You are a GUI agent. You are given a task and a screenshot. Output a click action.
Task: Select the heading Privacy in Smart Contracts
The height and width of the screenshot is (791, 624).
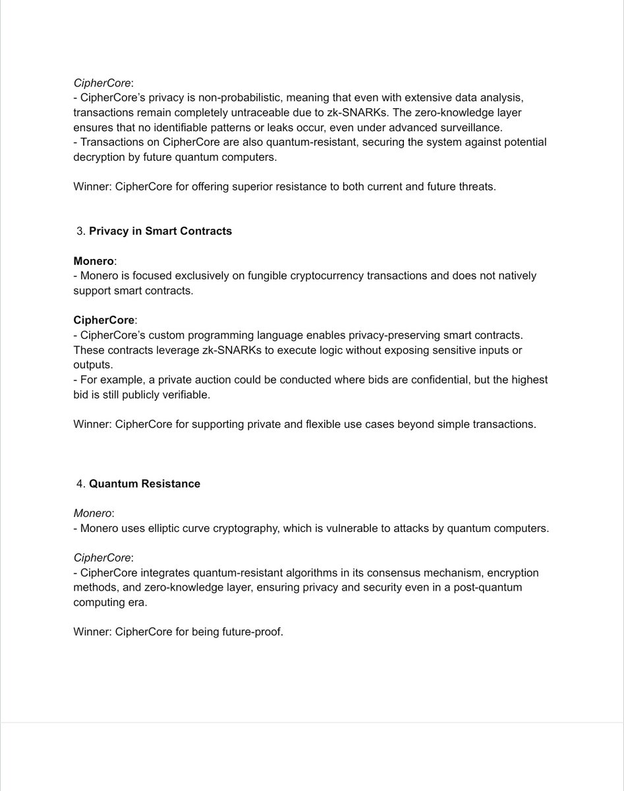[x=160, y=231]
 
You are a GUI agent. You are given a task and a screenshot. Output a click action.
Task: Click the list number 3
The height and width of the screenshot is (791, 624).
[x=80, y=231]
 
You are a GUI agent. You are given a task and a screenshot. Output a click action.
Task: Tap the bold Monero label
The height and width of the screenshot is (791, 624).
[x=93, y=261]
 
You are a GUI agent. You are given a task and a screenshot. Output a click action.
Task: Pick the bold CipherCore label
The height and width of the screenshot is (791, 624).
[x=104, y=320]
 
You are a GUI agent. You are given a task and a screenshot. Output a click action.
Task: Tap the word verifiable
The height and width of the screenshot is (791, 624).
[x=188, y=394]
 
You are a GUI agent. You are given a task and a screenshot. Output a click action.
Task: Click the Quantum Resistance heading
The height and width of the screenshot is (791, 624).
[x=144, y=484]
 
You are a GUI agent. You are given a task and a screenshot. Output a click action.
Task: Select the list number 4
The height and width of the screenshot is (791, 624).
[x=80, y=484]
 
